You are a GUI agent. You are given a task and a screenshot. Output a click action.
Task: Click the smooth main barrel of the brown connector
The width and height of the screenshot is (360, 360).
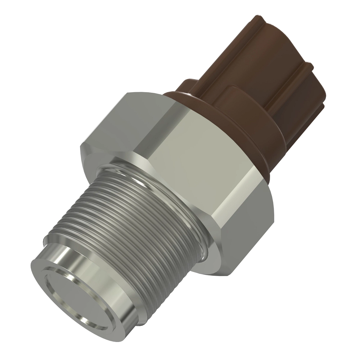point(228,60)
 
